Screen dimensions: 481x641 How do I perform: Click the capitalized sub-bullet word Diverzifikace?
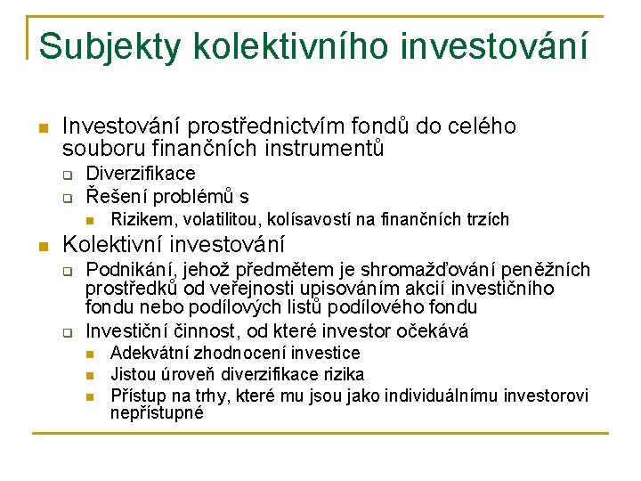[x=141, y=173]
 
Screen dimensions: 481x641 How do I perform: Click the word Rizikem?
[x=138, y=219]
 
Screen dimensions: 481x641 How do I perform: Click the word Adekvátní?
[x=149, y=354]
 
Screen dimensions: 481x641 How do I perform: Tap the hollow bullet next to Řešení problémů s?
[x=66, y=197]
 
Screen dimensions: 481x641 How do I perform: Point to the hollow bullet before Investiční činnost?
[x=66, y=332]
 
